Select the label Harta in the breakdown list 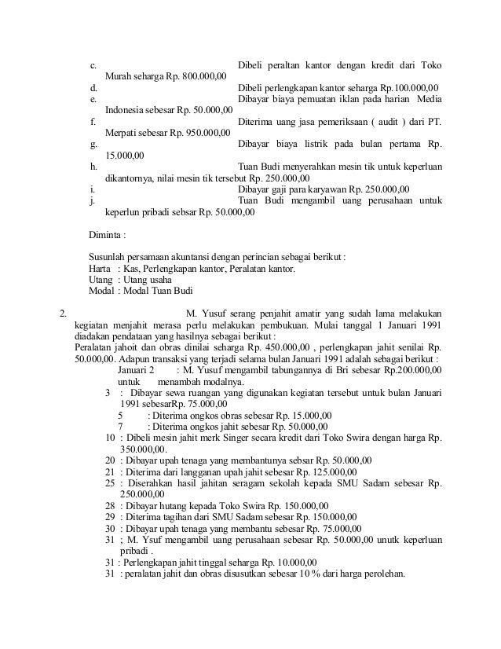(100, 269)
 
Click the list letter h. (93, 167)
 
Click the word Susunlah (111, 257)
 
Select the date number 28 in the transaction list (110, 505)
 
